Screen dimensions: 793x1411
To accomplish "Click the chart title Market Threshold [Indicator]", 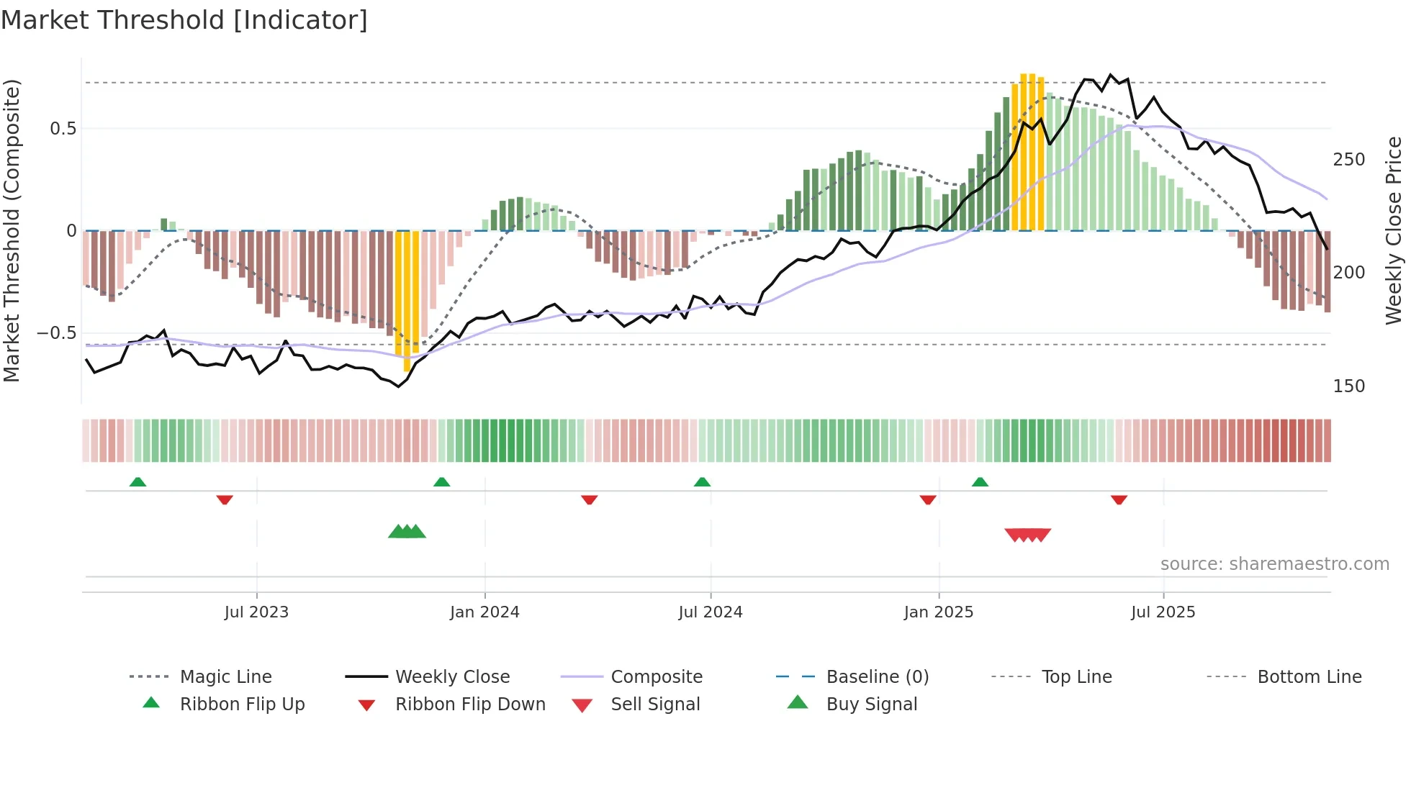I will coord(184,20).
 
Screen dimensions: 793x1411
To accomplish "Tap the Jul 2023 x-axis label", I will coord(256,612).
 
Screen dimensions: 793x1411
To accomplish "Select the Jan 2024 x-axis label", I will coord(484,612).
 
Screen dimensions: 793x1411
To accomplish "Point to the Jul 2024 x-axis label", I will coord(711,612).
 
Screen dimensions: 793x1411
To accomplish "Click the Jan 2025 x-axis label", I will coord(939,612).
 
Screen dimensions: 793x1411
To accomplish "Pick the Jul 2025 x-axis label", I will coord(1163,612).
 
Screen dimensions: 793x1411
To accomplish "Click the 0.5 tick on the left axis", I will coord(63,129).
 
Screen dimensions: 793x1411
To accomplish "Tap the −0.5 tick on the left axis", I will coord(56,333).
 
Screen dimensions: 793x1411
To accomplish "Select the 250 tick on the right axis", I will coord(1348,160).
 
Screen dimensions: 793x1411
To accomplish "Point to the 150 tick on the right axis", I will coord(1348,386).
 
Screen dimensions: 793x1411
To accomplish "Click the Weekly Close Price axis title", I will coord(1394,230).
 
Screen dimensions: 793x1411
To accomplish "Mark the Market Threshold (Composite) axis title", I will coord(12,230).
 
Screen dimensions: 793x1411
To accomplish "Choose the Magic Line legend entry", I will coord(225,677).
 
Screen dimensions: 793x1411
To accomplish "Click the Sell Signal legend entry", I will coord(655,704).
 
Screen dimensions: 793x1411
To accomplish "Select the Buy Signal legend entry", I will coord(871,704).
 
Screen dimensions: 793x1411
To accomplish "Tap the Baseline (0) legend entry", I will coord(877,677).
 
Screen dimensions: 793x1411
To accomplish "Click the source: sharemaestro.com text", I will coord(1274,564).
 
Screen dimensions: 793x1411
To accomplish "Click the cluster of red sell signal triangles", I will coord(1028,535).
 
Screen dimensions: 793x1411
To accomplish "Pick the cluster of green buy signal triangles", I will coord(407,532).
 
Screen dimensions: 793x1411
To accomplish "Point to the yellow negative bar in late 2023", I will coord(407,299).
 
